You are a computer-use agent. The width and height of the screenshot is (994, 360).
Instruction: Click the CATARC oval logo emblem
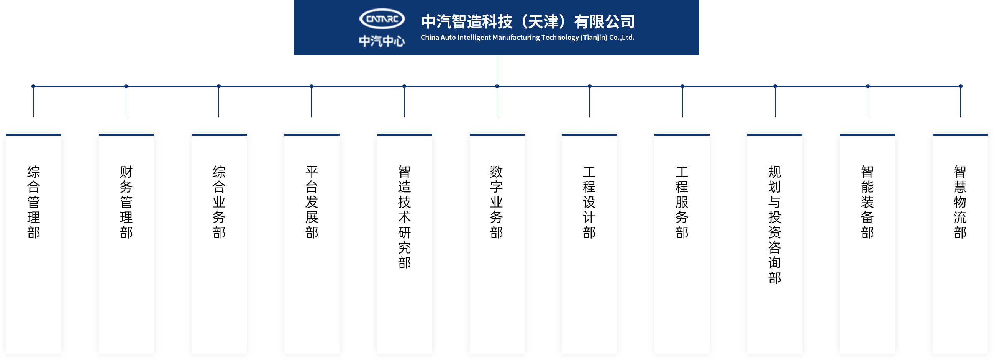(x=382, y=19)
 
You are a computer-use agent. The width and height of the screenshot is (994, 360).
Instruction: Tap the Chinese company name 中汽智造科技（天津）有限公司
(x=528, y=21)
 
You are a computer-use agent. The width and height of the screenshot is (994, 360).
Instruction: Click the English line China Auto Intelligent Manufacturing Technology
(x=527, y=38)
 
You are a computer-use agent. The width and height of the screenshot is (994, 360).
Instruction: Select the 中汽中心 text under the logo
(x=382, y=41)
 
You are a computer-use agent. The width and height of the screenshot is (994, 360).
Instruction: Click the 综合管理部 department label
(x=34, y=202)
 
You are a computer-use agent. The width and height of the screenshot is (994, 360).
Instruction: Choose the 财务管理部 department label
(x=126, y=202)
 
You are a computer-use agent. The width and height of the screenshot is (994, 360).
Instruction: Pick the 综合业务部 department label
(x=219, y=202)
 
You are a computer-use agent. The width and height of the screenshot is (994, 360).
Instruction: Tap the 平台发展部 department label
(x=312, y=202)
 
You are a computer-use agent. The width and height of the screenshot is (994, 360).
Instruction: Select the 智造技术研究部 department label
(x=404, y=217)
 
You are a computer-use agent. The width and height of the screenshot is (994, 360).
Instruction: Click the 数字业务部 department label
(x=497, y=202)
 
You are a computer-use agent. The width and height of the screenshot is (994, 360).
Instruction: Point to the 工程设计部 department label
(x=589, y=202)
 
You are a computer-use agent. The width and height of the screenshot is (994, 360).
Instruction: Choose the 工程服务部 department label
(x=682, y=202)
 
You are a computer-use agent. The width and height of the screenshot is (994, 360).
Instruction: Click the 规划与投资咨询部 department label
(x=774, y=224)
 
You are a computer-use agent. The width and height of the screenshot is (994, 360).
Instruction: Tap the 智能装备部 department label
(x=868, y=202)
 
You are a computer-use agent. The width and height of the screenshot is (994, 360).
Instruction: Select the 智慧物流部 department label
(x=960, y=202)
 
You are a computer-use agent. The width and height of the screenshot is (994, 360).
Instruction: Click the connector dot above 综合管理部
(x=34, y=86)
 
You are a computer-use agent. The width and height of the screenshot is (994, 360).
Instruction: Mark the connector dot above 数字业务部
(x=497, y=86)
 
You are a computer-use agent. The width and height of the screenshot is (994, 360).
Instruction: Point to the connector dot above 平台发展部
(x=312, y=86)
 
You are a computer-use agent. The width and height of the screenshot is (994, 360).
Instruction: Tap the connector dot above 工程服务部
(x=682, y=86)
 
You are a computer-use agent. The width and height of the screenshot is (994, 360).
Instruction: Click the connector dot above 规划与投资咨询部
(x=775, y=86)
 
